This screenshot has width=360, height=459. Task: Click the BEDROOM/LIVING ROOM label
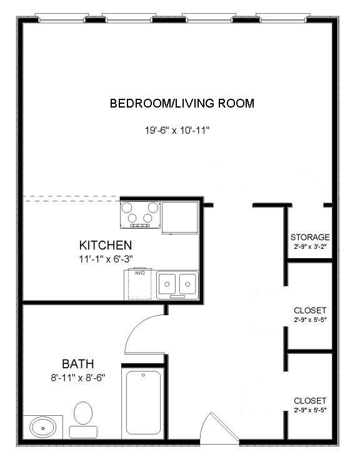click(x=182, y=103)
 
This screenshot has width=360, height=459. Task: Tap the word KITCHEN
click(x=105, y=245)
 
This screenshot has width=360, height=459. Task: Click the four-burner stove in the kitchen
click(x=141, y=214)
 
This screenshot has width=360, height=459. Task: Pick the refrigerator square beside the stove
click(x=180, y=217)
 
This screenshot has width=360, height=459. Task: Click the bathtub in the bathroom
click(x=143, y=404)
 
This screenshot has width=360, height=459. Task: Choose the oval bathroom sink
click(x=43, y=428)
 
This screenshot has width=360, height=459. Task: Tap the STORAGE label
click(x=310, y=237)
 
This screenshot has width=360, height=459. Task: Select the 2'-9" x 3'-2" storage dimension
click(x=310, y=246)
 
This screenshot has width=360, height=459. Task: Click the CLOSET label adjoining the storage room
click(x=310, y=310)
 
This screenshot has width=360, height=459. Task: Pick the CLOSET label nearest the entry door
click(x=310, y=400)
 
